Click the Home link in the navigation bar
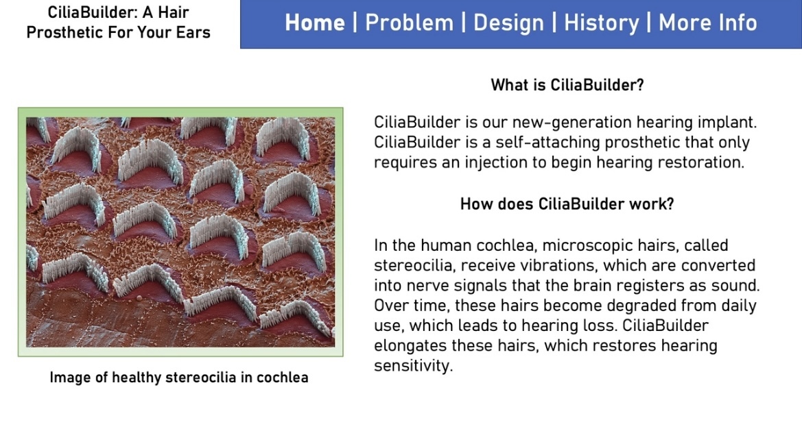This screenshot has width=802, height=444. [315, 23]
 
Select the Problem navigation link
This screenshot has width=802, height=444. [409, 23]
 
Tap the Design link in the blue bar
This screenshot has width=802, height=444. [508, 23]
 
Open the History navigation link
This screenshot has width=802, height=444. [602, 23]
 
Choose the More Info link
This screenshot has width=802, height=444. [708, 23]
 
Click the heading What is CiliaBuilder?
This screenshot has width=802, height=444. [567, 85]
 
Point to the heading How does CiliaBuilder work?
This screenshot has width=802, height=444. [567, 204]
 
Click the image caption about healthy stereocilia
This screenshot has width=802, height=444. [179, 378]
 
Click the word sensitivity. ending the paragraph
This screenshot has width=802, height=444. [414, 366]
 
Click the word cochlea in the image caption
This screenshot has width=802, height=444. [283, 378]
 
